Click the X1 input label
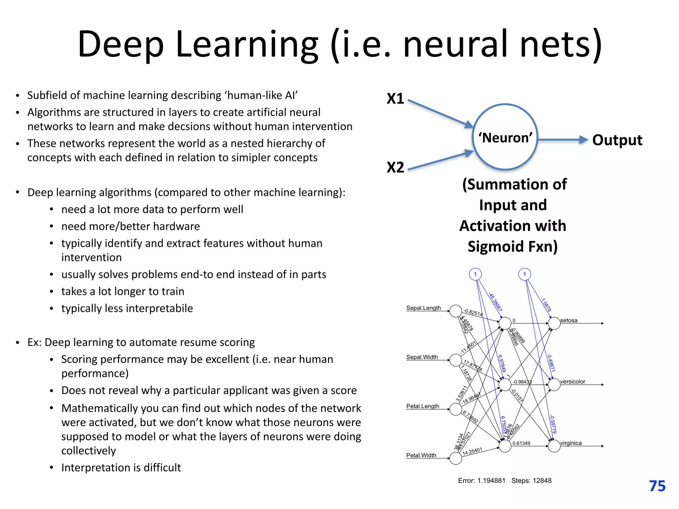click(x=395, y=99)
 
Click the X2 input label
click(x=395, y=167)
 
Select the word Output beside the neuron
click(x=617, y=140)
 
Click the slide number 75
click(x=657, y=486)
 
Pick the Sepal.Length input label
click(x=423, y=308)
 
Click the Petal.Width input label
click(x=421, y=455)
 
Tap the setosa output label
click(x=569, y=320)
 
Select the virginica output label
click(x=571, y=443)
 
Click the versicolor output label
click(x=573, y=382)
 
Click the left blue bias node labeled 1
click(x=475, y=274)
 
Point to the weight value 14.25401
click(x=472, y=451)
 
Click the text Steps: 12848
click(x=531, y=481)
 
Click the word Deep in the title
click(x=121, y=44)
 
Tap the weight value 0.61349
click(x=521, y=443)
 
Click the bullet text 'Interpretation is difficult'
click(x=121, y=468)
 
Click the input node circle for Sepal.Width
click(x=456, y=360)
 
